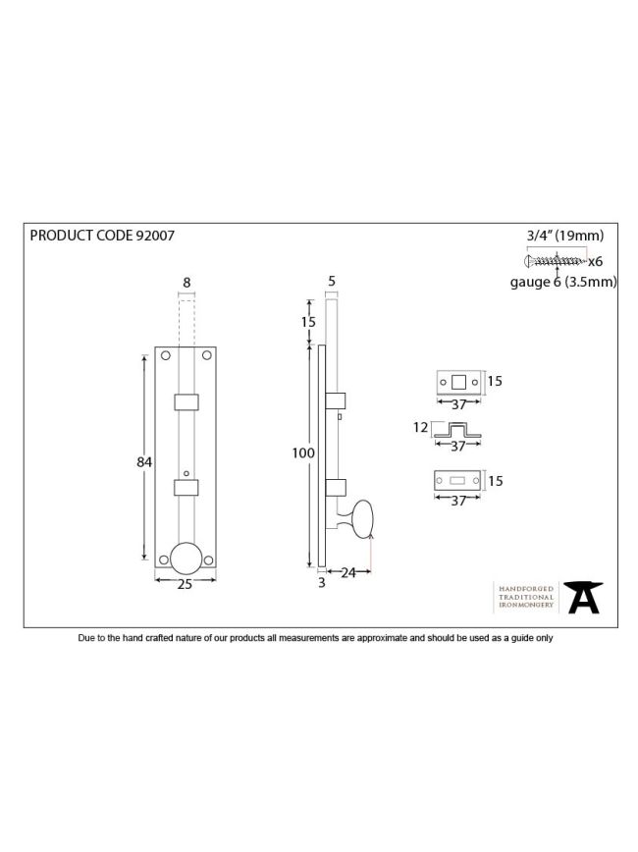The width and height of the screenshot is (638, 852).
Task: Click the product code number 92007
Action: [x=155, y=236]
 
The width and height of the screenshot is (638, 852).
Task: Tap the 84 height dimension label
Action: [x=144, y=462]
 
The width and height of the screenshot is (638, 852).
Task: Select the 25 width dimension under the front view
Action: [x=185, y=584]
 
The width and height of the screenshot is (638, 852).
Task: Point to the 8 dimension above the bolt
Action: [x=186, y=283]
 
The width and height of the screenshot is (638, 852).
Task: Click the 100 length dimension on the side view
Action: [x=303, y=453]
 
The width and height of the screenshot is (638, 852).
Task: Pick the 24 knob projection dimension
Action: [x=348, y=572]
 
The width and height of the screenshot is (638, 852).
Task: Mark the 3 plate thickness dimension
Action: [x=322, y=582]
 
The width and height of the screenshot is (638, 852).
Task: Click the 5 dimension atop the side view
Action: [x=332, y=281]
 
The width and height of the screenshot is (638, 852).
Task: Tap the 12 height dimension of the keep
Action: [x=420, y=428]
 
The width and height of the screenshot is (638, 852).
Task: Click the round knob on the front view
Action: [x=186, y=558]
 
